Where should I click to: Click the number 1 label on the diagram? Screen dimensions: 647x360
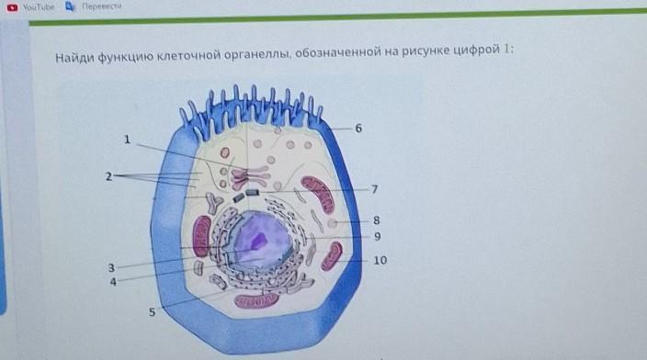click(127, 140)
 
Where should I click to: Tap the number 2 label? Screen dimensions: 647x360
click(108, 176)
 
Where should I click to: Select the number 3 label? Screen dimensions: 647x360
click(111, 268)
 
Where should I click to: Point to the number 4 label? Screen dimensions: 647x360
click(113, 282)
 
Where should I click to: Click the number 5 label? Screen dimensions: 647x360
click(152, 312)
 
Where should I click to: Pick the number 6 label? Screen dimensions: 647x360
click(358, 129)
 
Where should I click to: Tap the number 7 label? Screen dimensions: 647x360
click(374, 189)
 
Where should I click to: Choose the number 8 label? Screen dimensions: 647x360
click(376, 220)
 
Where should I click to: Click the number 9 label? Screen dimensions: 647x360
click(377, 237)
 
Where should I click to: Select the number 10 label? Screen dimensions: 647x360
click(380, 261)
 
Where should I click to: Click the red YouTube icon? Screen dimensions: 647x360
click(12, 7)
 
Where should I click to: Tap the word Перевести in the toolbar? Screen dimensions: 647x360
click(101, 6)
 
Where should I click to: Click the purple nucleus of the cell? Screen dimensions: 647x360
click(259, 239)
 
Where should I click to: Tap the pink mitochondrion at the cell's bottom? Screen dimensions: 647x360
click(256, 301)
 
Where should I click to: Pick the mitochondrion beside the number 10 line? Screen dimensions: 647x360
click(332, 256)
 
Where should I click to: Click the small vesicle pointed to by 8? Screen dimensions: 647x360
click(332, 223)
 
